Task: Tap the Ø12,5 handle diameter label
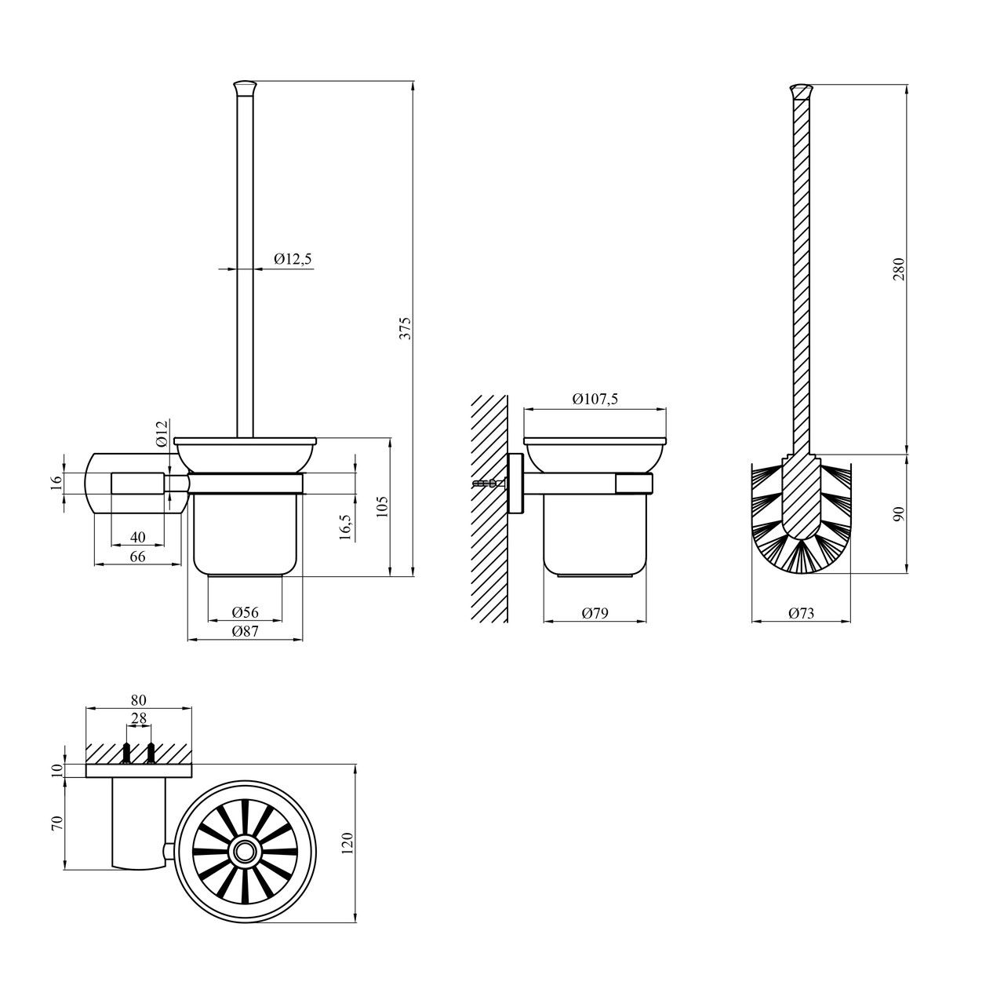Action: click(x=293, y=258)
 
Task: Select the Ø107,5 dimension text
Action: click(x=595, y=399)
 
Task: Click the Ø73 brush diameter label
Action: click(x=801, y=613)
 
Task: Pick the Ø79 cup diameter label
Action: click(x=595, y=613)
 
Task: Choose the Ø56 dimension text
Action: click(x=246, y=612)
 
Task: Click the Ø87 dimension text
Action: click(x=246, y=631)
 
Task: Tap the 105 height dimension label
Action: click(x=383, y=506)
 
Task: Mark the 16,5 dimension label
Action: click(x=346, y=525)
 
